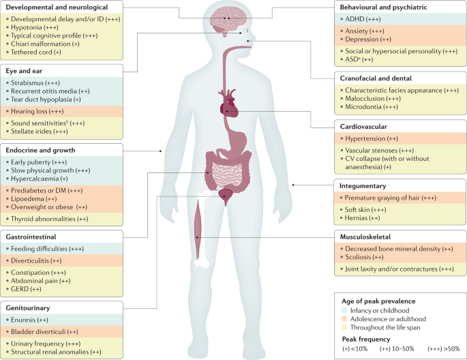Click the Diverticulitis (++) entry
(37, 260)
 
